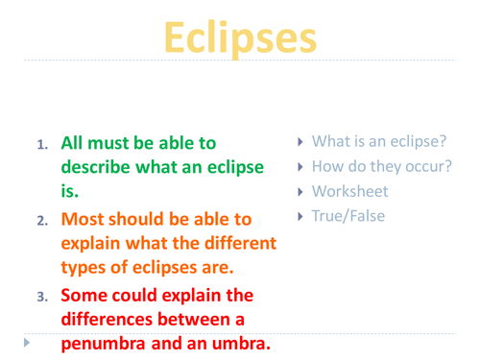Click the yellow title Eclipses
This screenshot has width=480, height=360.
pyautogui.click(x=240, y=37)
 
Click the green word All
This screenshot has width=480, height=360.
pyautogui.click(x=75, y=143)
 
